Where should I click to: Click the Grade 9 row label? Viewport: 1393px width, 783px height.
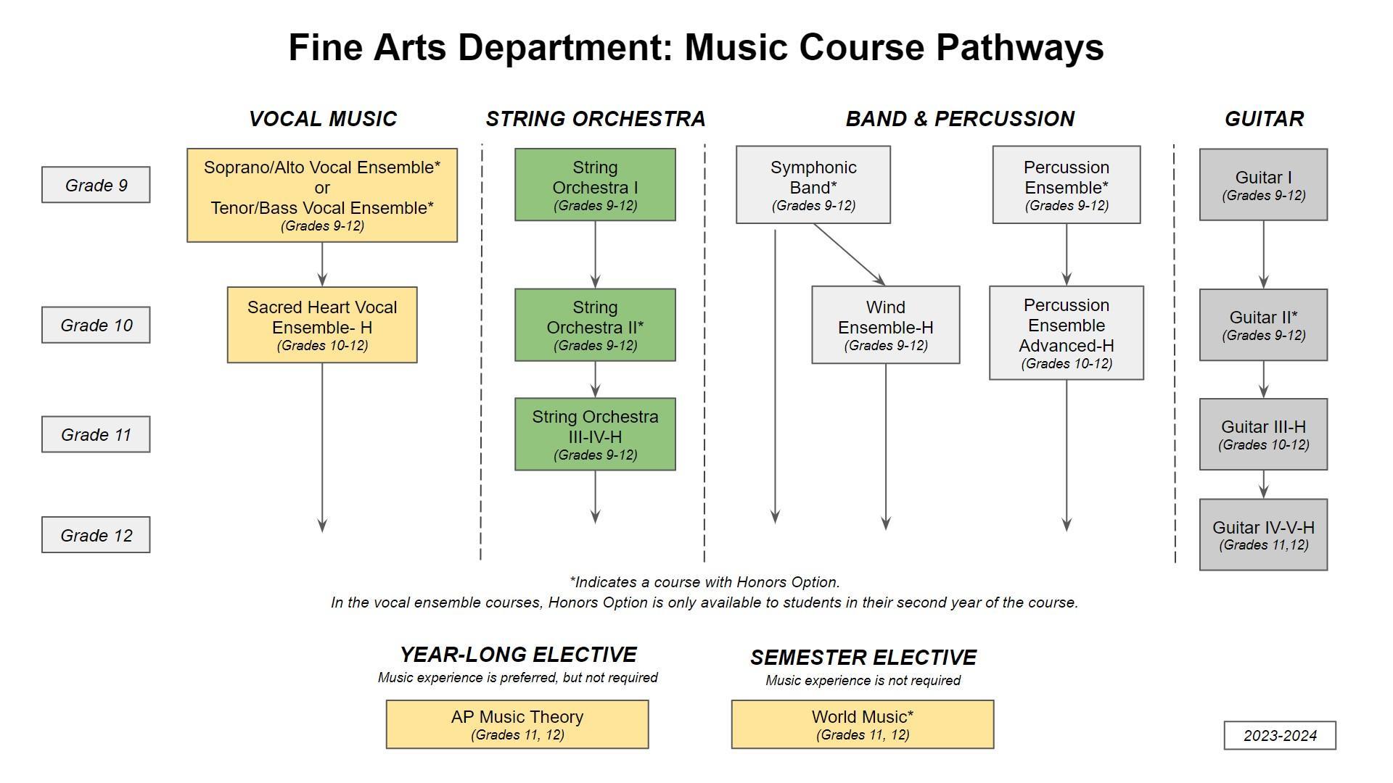96,185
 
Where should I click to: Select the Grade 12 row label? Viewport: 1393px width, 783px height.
96,535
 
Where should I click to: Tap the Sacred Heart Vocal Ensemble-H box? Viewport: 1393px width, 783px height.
322,325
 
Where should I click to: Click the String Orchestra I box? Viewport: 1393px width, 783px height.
595,185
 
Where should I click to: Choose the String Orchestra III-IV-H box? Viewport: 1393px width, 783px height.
595,434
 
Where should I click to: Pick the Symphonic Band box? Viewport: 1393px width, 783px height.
813,185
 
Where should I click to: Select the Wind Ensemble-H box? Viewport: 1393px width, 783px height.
885,325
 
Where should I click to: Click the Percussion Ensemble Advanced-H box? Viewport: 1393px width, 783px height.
1067,333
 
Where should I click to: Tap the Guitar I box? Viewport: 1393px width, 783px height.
1263,185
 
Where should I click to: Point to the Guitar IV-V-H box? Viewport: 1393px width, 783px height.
1263,534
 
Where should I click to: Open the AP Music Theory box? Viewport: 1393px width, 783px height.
517,724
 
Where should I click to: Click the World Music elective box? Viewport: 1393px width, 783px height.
863,724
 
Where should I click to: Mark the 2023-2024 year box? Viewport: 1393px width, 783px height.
1280,735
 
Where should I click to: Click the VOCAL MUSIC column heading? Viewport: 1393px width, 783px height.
323,119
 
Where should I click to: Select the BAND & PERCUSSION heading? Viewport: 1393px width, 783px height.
960,119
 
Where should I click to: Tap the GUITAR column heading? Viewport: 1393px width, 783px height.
1264,119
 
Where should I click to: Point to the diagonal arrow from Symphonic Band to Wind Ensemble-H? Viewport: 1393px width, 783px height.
849,254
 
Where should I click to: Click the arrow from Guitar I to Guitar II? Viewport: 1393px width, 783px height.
1264,254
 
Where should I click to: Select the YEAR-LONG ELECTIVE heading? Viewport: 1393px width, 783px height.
518,655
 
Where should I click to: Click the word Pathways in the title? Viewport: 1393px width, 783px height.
1019,48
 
